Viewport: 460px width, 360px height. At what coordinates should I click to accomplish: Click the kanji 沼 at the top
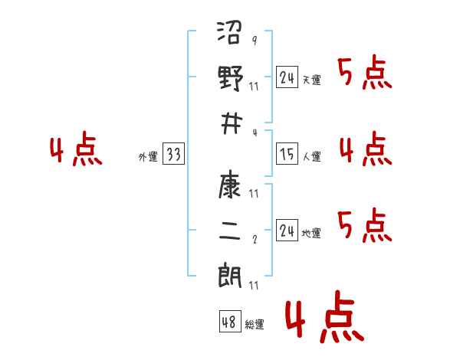pos(230,32)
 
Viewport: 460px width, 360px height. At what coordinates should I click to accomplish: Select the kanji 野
pos(231,78)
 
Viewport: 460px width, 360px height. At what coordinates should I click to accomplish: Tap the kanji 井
pos(232,124)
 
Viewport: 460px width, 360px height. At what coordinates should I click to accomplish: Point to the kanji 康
pos(230,186)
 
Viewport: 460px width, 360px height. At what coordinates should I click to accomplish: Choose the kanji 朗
pos(230,276)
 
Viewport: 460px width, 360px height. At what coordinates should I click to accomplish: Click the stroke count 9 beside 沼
pos(255,40)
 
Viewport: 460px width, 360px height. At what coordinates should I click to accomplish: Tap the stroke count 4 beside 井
pos(255,133)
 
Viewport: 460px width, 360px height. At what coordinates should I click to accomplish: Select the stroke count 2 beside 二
pos(255,240)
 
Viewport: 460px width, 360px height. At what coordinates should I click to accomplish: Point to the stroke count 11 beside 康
pos(254,194)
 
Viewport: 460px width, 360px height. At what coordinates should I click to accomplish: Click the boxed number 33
pos(173,153)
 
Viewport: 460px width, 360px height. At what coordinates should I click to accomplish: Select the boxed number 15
pos(287,153)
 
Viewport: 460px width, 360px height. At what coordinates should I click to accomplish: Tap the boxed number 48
pos(230,321)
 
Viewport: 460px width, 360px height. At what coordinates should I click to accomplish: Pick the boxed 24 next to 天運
pos(287,77)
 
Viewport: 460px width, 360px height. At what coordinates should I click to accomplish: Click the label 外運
pos(148,156)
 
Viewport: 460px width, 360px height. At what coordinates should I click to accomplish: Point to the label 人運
pos(312,156)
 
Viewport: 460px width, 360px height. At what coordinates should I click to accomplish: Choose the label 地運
pos(311,234)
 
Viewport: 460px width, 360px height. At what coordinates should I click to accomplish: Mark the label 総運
pos(255,325)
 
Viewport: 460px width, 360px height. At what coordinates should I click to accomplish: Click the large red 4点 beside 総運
pos(324,316)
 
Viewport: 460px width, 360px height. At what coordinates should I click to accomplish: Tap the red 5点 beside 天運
pos(365,72)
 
